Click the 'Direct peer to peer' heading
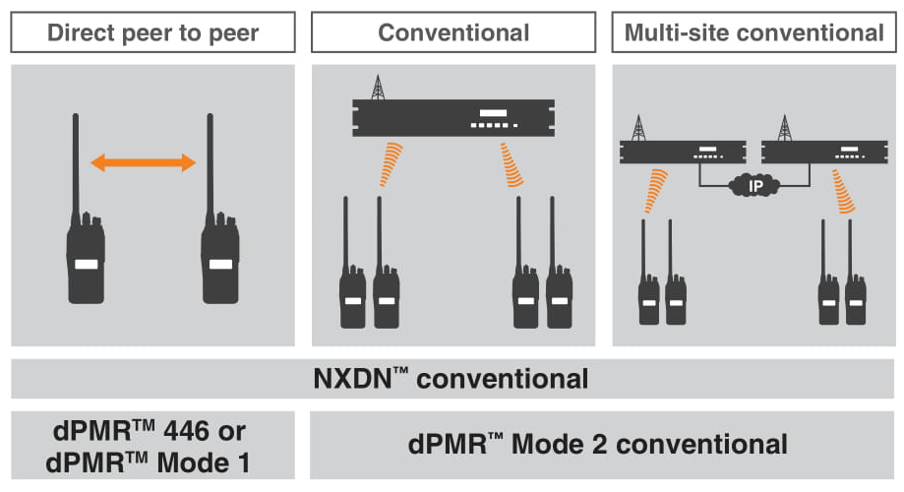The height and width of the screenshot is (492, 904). tap(152, 32)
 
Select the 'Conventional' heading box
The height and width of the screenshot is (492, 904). tap(452, 32)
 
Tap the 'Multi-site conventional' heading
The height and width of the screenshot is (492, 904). tap(754, 32)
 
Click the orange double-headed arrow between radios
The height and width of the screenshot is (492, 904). tap(144, 163)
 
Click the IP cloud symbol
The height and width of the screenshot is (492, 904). tap(753, 184)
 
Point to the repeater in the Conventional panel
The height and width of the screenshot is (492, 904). tap(452, 119)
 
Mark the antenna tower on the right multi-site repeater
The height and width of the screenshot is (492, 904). tap(784, 127)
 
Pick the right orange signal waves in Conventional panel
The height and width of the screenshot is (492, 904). tap(512, 163)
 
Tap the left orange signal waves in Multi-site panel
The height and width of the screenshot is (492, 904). tap(654, 190)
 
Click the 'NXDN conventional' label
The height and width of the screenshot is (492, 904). tap(452, 379)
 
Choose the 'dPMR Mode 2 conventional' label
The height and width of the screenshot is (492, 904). tap(600, 445)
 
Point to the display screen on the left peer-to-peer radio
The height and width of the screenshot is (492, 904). tap(86, 265)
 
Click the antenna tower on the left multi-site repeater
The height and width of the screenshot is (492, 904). tap(638, 127)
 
